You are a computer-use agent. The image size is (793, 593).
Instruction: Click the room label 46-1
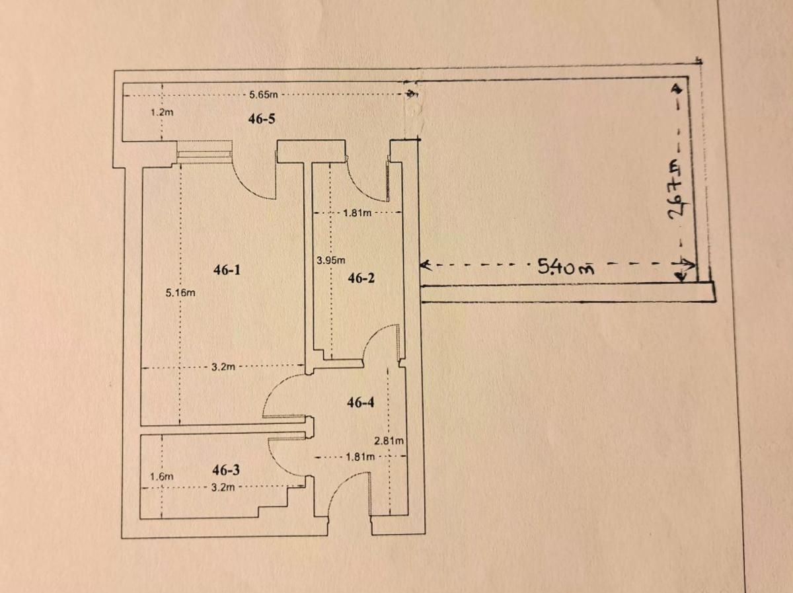[227, 270]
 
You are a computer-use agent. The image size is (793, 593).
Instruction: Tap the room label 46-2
[361, 278]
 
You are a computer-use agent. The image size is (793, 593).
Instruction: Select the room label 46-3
[226, 470]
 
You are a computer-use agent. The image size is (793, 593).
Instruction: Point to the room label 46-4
[361, 403]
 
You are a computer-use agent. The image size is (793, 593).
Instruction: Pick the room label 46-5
[262, 118]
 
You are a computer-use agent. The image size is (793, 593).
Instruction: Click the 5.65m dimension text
[264, 95]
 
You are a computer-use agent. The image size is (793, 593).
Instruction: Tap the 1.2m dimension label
[162, 112]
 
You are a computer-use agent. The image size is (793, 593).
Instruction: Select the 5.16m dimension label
[180, 293]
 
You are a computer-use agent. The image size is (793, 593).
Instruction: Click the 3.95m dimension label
[330, 260]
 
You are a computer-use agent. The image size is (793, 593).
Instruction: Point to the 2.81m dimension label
[389, 441]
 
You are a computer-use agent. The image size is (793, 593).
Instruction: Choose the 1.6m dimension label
[161, 477]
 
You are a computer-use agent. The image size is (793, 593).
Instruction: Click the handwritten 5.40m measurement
[566, 267]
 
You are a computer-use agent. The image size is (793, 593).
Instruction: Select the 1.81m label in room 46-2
[357, 213]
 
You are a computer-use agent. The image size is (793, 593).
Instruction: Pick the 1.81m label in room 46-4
[360, 457]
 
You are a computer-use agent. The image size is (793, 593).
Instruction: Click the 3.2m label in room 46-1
[223, 367]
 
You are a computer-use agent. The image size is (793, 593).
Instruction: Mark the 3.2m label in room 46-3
[223, 487]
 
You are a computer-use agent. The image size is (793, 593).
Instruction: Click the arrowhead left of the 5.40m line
[425, 266]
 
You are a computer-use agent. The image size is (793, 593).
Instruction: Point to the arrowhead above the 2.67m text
[678, 89]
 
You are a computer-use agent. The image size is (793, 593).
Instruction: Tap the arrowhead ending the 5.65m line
[412, 94]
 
